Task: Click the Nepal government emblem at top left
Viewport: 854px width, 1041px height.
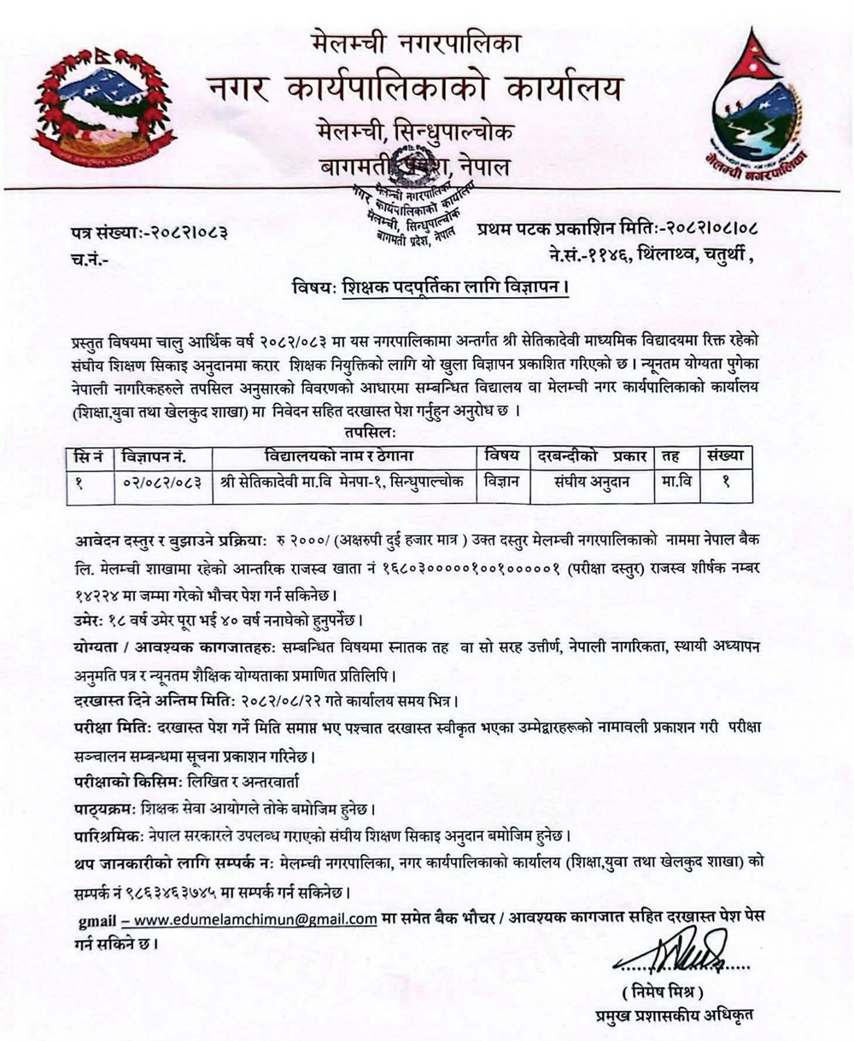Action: click(x=102, y=107)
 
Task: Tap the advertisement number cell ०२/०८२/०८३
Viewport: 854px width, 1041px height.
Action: click(x=161, y=482)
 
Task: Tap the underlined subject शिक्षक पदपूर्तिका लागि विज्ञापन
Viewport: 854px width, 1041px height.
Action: click(x=454, y=289)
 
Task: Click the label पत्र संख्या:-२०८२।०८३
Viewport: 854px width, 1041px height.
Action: click(x=149, y=231)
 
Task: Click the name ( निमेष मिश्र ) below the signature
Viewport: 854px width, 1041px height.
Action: click(x=662, y=992)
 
